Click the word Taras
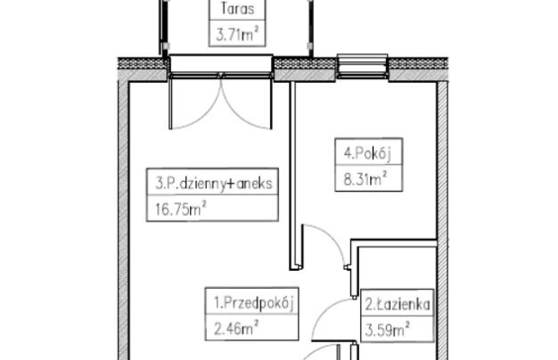[x=238, y=8]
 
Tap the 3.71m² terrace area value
[x=237, y=34]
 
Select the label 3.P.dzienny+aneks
[x=214, y=184]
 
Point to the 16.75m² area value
[x=181, y=209]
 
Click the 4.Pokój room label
[x=367, y=154]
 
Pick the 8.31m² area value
[x=365, y=179]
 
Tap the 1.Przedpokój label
[x=254, y=303]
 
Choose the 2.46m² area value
[x=236, y=328]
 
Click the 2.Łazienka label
[x=398, y=304]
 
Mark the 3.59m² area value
[x=387, y=329]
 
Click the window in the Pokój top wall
[x=363, y=67]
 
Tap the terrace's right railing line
[x=310, y=29]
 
